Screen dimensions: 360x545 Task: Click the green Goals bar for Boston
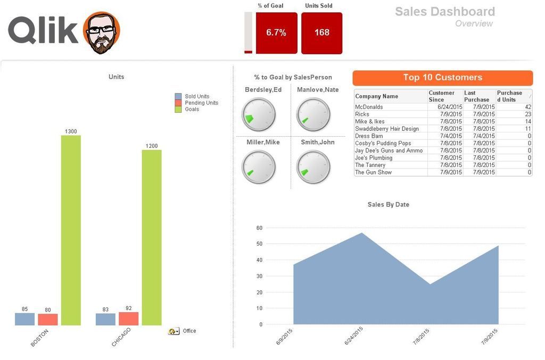[x=71, y=230]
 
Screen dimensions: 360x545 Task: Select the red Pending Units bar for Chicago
[x=128, y=319]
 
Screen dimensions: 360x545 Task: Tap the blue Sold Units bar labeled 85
[x=24, y=319]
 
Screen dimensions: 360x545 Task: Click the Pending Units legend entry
[x=201, y=103]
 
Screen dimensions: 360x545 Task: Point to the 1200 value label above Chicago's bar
[x=152, y=146]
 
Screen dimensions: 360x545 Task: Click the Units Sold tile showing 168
[x=321, y=33]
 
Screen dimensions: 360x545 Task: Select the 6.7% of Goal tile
[x=276, y=33]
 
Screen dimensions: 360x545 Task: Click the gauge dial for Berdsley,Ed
[x=259, y=114]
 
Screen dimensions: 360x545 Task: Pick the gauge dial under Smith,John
[x=313, y=167]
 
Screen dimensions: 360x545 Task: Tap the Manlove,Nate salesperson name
[x=318, y=90]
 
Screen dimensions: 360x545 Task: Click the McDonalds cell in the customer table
[x=369, y=107]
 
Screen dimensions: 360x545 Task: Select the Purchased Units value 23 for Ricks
[x=527, y=114]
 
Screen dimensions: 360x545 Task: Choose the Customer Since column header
[x=442, y=96]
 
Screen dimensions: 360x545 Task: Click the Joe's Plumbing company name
[x=374, y=158]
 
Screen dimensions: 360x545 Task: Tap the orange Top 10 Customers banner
[x=442, y=78]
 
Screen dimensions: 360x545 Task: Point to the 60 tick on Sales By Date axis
[x=259, y=228]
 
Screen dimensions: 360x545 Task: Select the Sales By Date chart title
[x=388, y=205]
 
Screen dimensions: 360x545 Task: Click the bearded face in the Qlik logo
[x=102, y=32]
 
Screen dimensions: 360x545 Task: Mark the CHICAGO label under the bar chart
[x=121, y=337]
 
